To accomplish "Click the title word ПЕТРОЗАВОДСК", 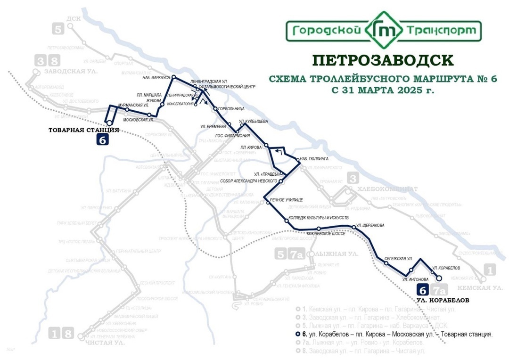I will click(383, 60).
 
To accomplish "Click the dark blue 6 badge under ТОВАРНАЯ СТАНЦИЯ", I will click(103, 139).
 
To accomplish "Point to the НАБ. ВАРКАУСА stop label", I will click(156, 77).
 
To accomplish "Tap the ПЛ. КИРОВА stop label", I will click(251, 147).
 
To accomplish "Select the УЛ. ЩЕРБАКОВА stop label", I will click(370, 225).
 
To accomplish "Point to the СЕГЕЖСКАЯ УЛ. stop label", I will click(399, 259).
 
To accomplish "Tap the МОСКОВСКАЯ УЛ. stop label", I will click(139, 120).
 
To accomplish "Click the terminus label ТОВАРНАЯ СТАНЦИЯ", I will click(83, 130).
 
